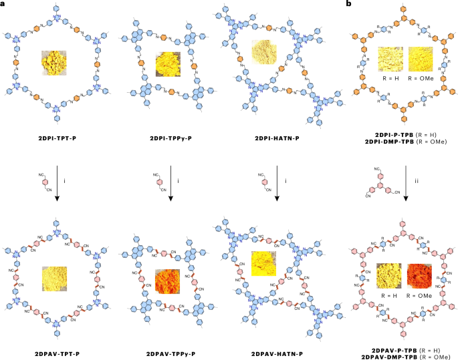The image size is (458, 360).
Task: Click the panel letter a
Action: tap(3, 5)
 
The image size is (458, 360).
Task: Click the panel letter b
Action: tap(348, 5)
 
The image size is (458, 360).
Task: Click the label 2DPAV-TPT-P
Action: tap(61, 351)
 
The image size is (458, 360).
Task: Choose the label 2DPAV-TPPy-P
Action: tap(170, 351)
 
